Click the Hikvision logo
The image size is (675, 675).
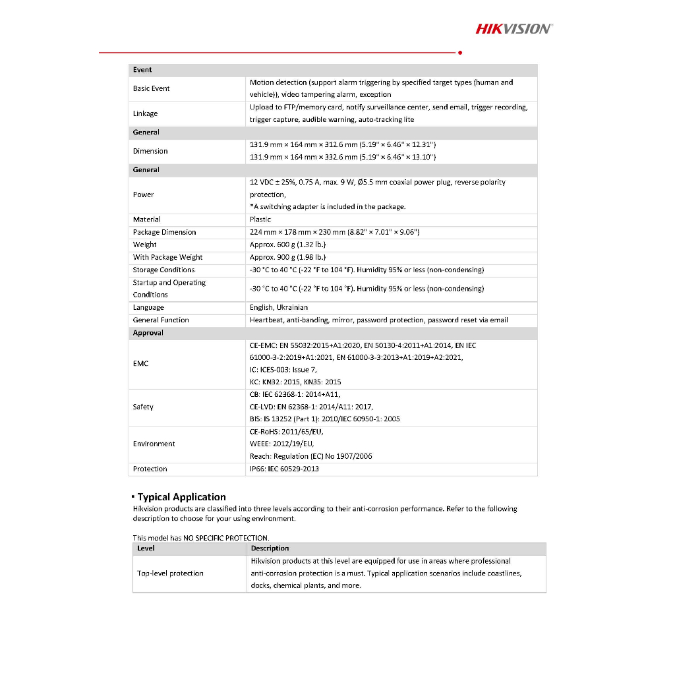point(514,28)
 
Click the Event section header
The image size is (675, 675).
point(142,70)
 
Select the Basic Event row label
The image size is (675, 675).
point(152,88)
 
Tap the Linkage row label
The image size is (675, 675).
point(145,113)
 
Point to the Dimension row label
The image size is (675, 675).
point(150,151)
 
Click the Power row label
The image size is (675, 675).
point(143,194)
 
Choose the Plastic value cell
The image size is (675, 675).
point(260,220)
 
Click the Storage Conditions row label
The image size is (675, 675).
point(163,270)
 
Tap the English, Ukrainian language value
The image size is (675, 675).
point(278,307)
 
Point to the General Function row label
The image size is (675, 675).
point(161,320)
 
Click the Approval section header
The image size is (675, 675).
point(148,333)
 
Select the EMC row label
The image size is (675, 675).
point(140,363)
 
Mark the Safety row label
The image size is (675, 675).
point(143,407)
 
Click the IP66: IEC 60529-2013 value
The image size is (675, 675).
point(284,469)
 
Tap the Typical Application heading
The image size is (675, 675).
point(181,497)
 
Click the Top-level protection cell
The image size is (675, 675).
point(170,573)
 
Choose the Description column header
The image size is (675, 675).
point(270,548)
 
